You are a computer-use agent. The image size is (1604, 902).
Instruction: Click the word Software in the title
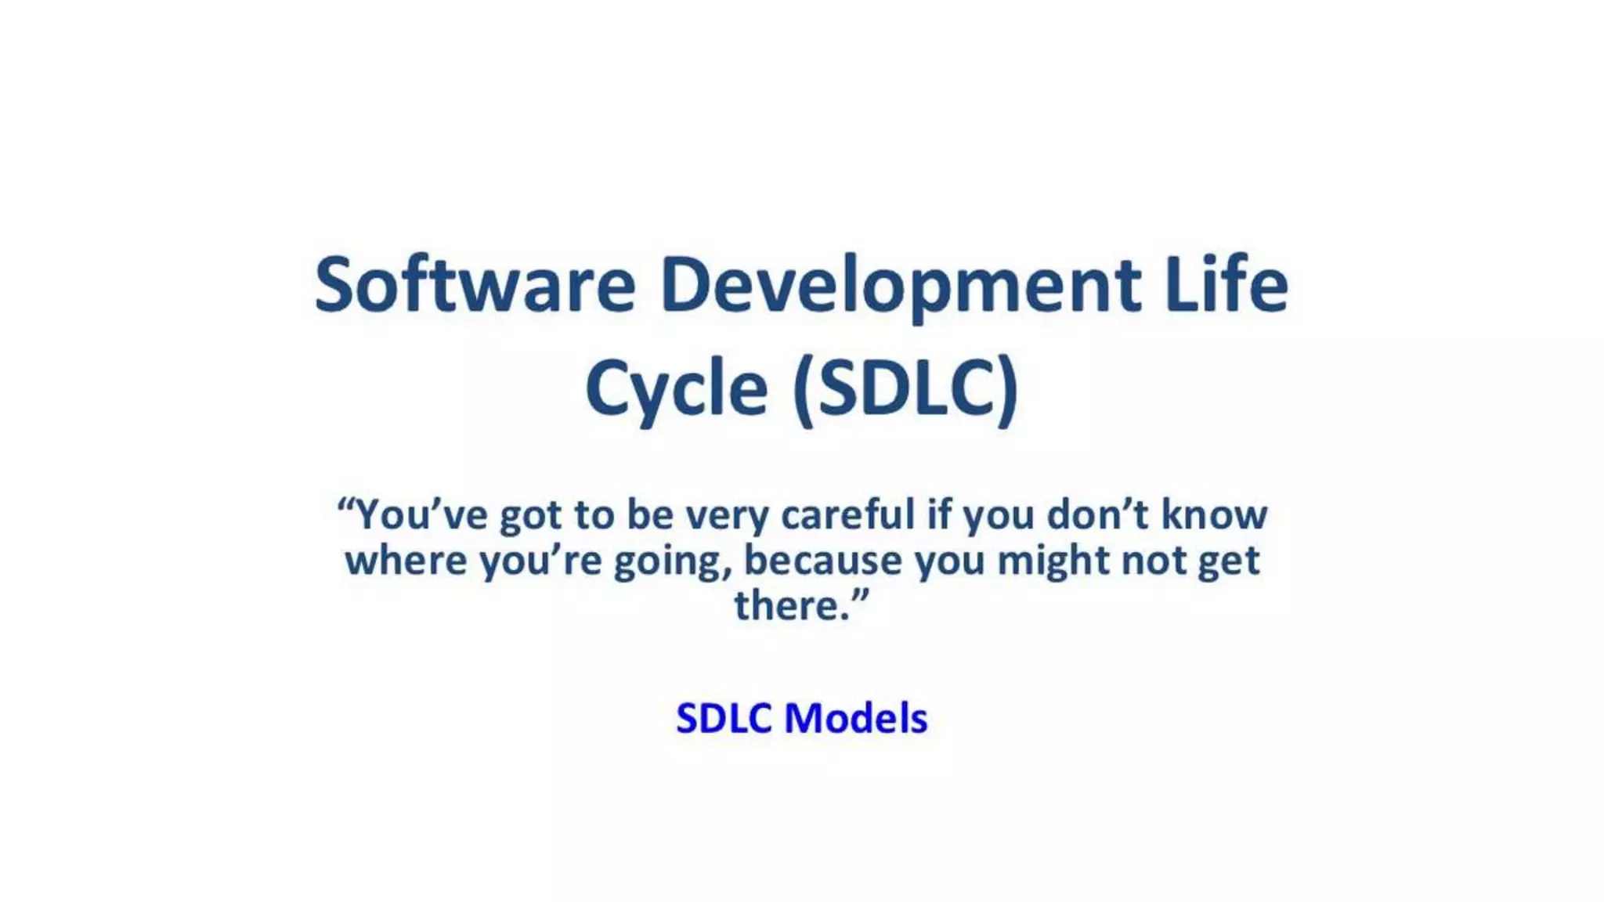point(475,285)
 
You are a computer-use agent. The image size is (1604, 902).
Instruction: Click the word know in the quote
point(1214,515)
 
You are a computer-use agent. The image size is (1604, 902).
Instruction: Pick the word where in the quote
point(406,561)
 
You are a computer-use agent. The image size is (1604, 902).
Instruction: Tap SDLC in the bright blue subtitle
point(724,718)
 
